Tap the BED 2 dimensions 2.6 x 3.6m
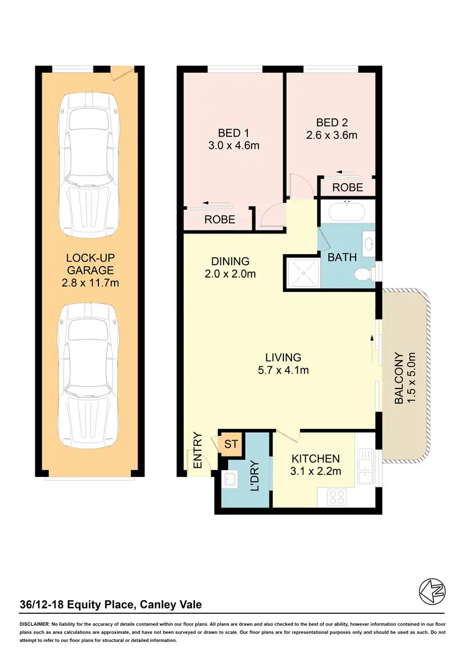click(332, 135)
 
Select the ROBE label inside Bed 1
click(220, 219)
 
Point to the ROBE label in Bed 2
click(347, 187)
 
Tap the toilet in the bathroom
click(363, 274)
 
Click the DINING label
click(230, 262)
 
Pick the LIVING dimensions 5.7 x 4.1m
click(283, 370)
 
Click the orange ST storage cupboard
click(231, 444)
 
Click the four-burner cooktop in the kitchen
click(337, 497)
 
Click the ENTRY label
click(198, 451)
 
